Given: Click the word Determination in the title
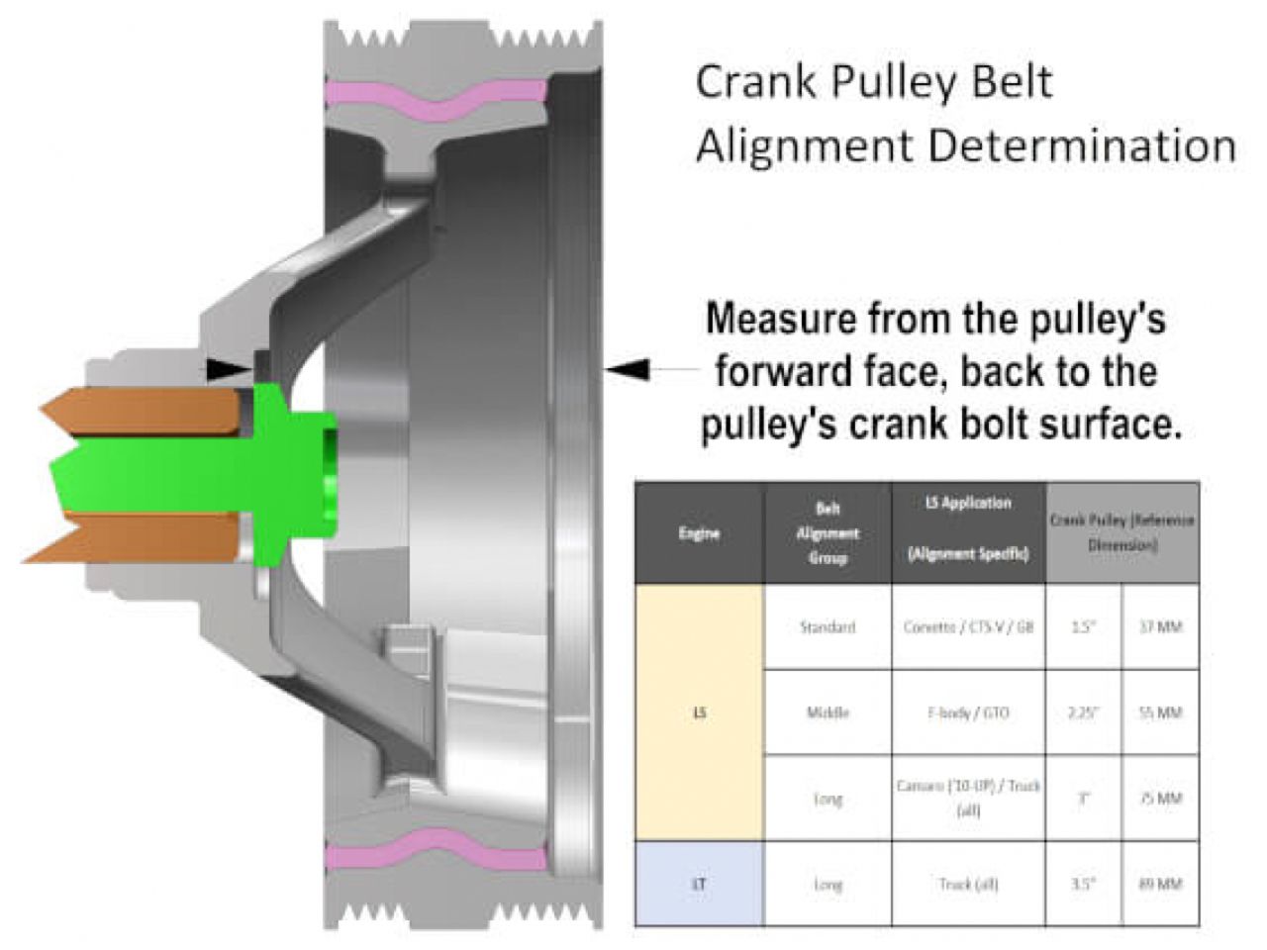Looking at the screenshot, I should tap(1082, 146).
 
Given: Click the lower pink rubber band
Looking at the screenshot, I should tap(436, 853).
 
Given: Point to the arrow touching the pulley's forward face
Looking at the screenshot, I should tap(628, 369).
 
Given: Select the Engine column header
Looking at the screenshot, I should tap(699, 533).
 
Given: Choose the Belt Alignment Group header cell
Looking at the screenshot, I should tap(828, 533).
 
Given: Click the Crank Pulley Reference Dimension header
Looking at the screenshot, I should tap(1122, 533).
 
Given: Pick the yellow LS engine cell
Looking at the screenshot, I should tap(699, 712).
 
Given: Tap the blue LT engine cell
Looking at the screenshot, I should tap(699, 884).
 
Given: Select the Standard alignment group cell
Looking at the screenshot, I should tap(828, 627).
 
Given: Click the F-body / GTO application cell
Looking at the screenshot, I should tap(968, 712).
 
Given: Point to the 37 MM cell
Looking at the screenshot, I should tap(1160, 627).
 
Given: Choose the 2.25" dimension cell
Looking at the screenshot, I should tap(1084, 712).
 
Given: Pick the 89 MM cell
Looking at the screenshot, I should tap(1160, 884).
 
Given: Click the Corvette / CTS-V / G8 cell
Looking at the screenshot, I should tap(968, 627).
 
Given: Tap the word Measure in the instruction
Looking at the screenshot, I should tap(782, 320).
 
